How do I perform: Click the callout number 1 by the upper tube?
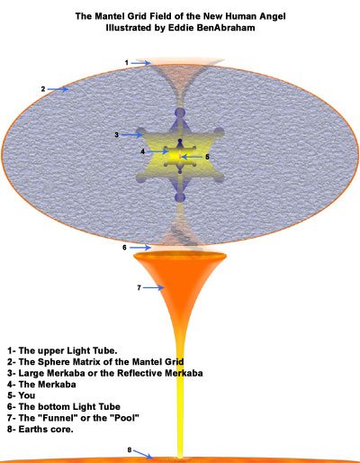[x=127, y=63]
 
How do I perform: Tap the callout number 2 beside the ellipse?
[x=43, y=89]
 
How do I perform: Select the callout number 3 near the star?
[x=117, y=135]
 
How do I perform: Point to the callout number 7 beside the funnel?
[x=139, y=288]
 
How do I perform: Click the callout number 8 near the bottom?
[x=130, y=449]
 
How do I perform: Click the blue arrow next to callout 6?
[x=140, y=248]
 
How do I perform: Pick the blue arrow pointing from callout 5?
[x=193, y=157]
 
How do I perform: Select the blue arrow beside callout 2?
[x=58, y=89]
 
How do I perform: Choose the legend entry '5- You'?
[x=21, y=395]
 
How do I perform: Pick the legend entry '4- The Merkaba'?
[x=41, y=384]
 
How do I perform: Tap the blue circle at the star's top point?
[x=180, y=113]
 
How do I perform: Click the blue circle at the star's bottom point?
[x=180, y=197]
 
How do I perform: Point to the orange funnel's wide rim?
[x=179, y=255]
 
